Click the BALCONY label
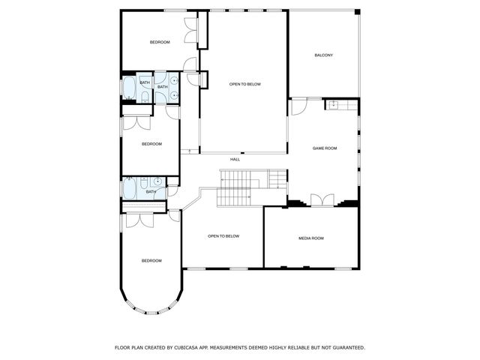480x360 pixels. tap(323, 55)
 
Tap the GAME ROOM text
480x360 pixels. tap(325, 148)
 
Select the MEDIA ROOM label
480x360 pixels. tap(311, 238)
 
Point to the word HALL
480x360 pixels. tap(235, 159)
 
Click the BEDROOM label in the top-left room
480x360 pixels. tap(160, 42)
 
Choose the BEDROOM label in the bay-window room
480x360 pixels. tap(151, 260)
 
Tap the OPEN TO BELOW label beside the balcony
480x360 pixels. tap(244, 84)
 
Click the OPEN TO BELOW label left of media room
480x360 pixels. tap(223, 236)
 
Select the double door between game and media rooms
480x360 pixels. tap(321, 199)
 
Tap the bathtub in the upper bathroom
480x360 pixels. tap(129, 88)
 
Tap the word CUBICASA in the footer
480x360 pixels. tap(187, 347)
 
